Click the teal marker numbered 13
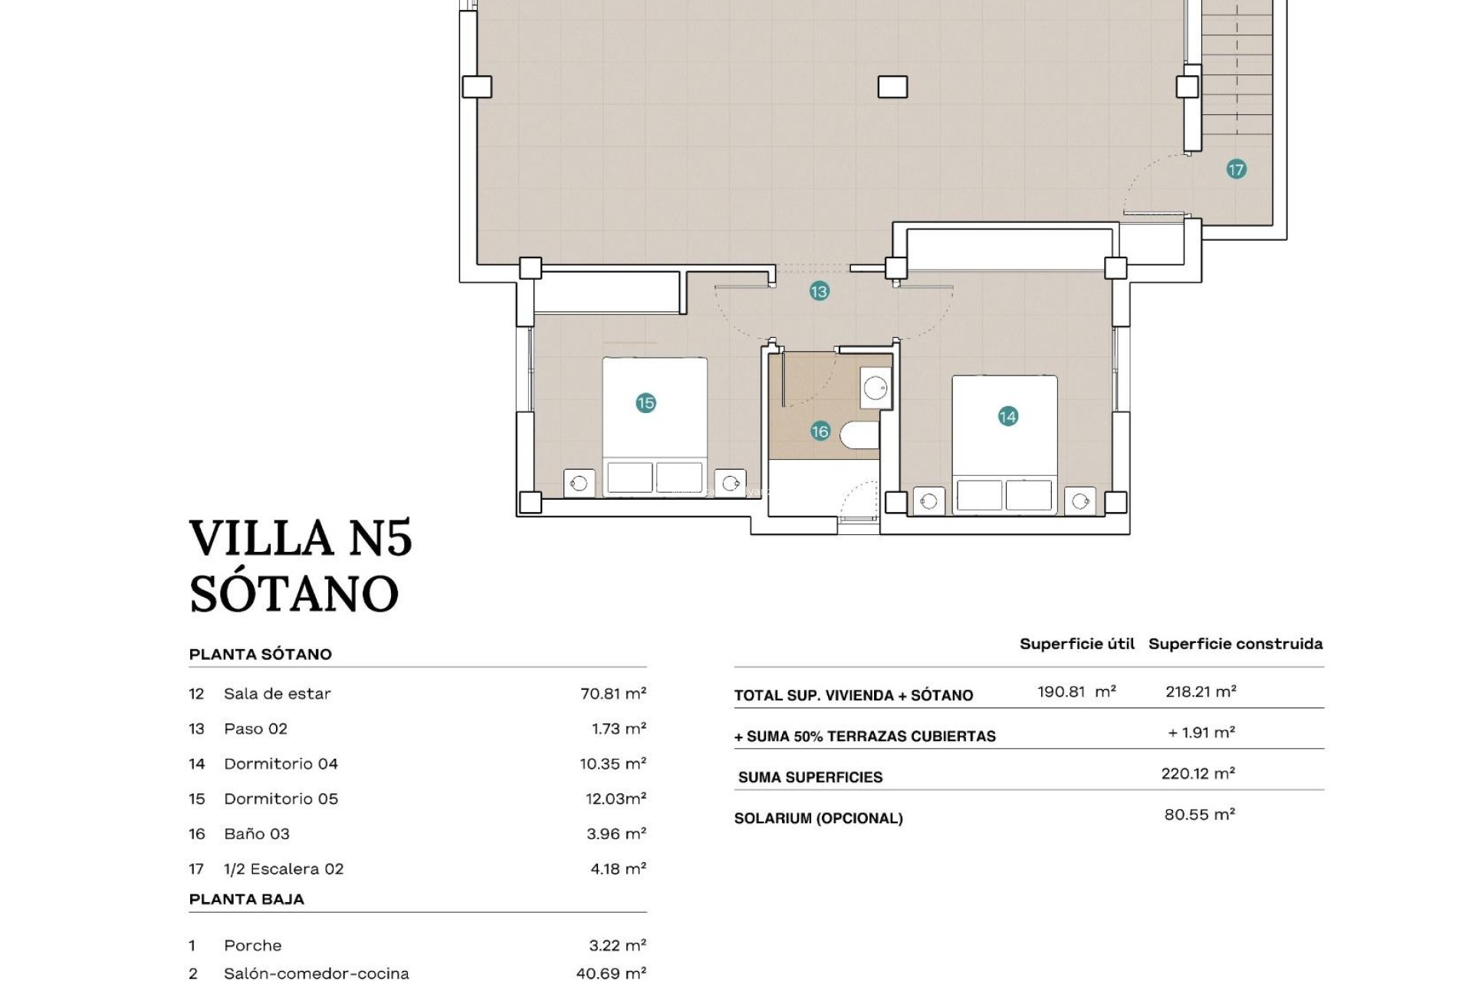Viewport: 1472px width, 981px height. [819, 291]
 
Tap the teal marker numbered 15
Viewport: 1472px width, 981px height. [646, 403]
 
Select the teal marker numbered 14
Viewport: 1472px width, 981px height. [1007, 416]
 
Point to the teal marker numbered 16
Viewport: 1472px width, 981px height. [820, 431]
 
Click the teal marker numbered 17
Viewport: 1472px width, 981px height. [1236, 169]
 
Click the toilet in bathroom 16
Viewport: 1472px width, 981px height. [860, 435]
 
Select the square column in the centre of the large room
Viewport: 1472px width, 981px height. [892, 87]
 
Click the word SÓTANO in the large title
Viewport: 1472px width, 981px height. [294, 594]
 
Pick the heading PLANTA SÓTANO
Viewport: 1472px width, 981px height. [260, 655]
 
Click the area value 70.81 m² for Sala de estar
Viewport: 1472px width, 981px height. [613, 694]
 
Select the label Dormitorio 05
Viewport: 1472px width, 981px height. [281, 799]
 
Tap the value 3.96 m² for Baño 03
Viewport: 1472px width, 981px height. [616, 834]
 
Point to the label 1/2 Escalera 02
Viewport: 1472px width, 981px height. [284, 869]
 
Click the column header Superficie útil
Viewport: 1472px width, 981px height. [1076, 644]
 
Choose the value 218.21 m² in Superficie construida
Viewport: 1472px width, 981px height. [1201, 691]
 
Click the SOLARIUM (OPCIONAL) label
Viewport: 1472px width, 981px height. [818, 819]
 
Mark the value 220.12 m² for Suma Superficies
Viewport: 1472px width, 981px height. [1198, 773]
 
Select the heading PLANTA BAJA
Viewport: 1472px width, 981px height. [246, 900]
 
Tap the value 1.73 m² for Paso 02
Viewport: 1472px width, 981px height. [618, 729]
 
